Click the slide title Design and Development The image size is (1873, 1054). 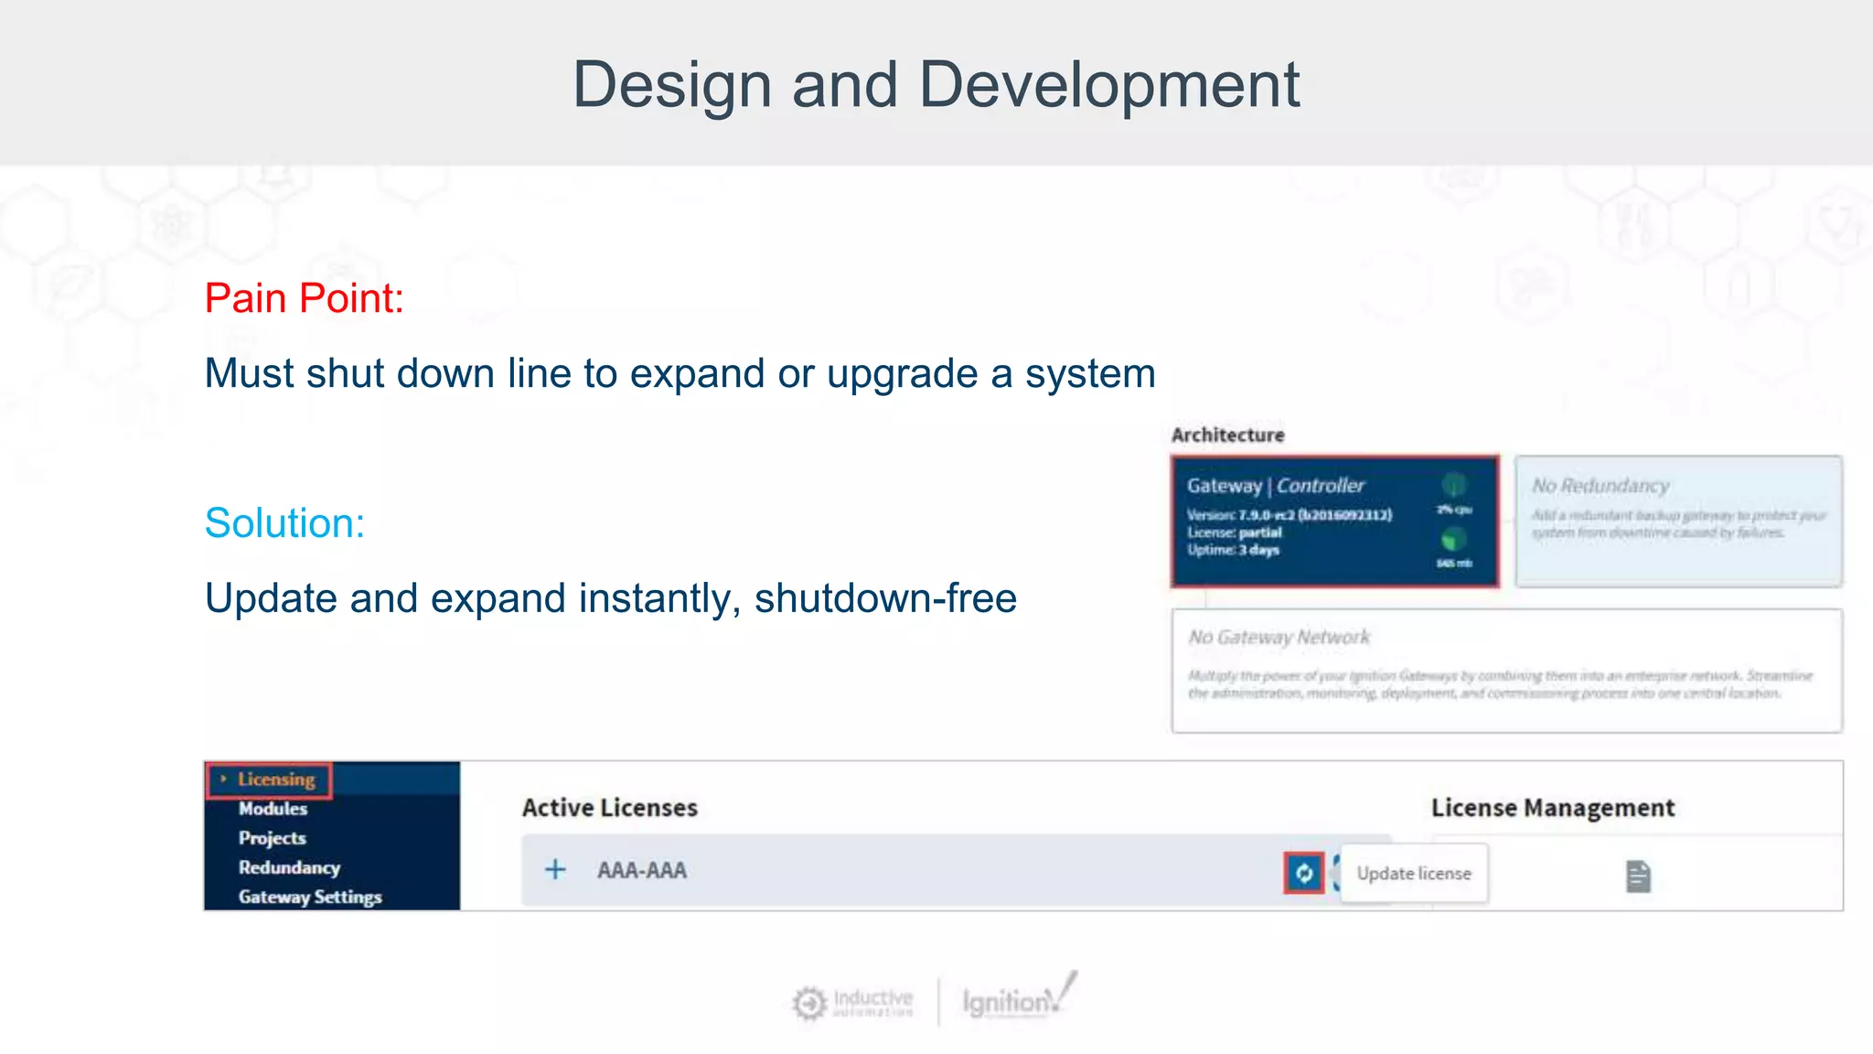pyautogui.click(x=935, y=84)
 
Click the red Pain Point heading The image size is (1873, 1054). pyautogui.click(x=304, y=298)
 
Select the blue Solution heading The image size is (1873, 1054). pyautogui.click(x=284, y=523)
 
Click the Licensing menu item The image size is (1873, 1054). pyautogui.click(x=275, y=780)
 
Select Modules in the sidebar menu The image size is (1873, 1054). pyautogui.click(x=273, y=809)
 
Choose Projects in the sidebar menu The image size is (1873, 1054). pyautogui.click(x=273, y=838)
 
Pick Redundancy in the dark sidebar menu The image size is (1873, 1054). pyautogui.click(x=289, y=867)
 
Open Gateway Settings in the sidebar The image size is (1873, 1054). pyautogui.click(x=310, y=897)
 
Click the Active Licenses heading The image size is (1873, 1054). pyautogui.click(x=609, y=808)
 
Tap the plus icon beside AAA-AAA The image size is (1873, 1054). pyautogui.click(x=555, y=869)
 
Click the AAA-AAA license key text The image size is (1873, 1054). pyautogui.click(x=642, y=870)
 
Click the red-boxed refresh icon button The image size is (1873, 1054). pyautogui.click(x=1303, y=873)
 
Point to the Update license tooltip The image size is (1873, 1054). pyautogui.click(x=1413, y=874)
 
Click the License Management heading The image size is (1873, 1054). pyautogui.click(x=1552, y=808)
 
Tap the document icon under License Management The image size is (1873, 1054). pyautogui.click(x=1638, y=877)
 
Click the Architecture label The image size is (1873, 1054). pyautogui.click(x=1227, y=436)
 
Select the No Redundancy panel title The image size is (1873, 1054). pyautogui.click(x=1600, y=486)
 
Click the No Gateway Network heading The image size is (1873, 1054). pyautogui.click(x=1279, y=637)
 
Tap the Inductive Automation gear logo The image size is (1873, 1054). pyautogui.click(x=809, y=1004)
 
